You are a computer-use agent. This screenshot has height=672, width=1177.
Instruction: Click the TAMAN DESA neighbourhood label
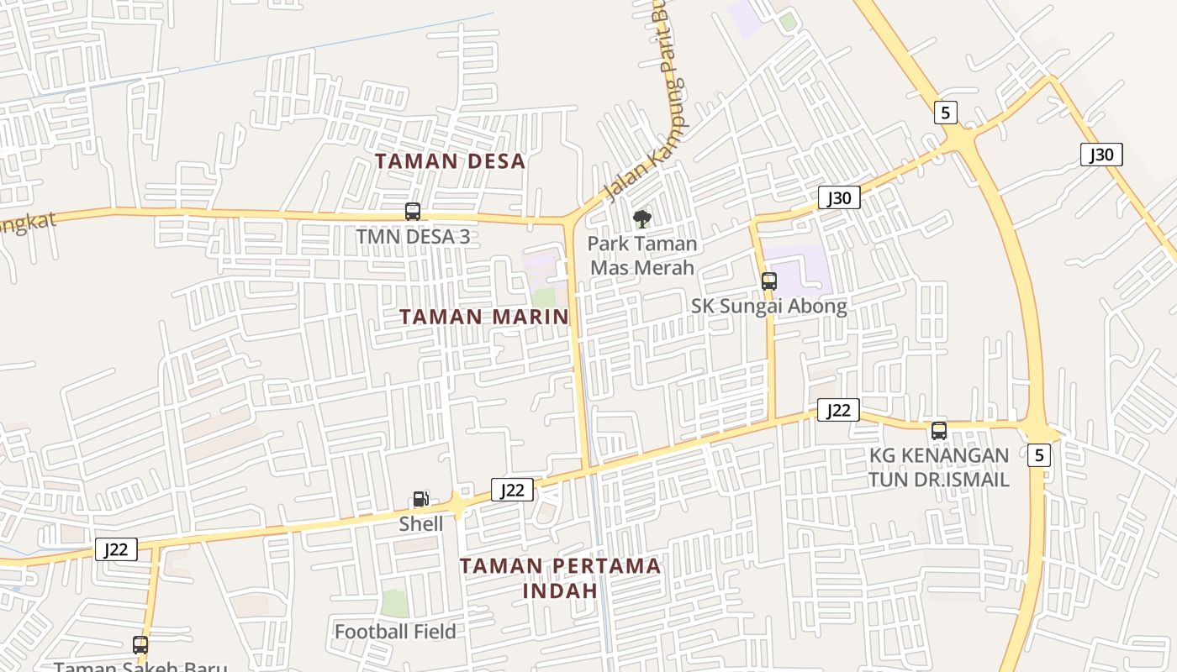pyautogui.click(x=450, y=161)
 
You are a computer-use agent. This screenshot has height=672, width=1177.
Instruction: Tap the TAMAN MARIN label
pyautogui.click(x=483, y=317)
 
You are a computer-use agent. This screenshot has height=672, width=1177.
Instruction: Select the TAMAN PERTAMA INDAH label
pyautogui.click(x=560, y=577)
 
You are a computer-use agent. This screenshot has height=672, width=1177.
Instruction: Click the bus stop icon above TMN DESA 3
pyautogui.click(x=413, y=212)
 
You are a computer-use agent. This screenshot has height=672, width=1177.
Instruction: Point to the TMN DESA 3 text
pyautogui.click(x=413, y=237)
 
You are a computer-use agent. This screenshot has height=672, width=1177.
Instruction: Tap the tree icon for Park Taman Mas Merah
pyautogui.click(x=642, y=219)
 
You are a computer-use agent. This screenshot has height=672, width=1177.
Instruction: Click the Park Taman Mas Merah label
pyautogui.click(x=642, y=255)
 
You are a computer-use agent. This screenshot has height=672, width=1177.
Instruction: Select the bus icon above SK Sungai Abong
pyautogui.click(x=769, y=281)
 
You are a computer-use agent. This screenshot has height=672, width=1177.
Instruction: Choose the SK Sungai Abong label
pyautogui.click(x=769, y=306)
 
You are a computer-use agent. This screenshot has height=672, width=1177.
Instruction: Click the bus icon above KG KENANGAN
pyautogui.click(x=939, y=431)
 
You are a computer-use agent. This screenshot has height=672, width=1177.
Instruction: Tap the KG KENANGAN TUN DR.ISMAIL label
pyautogui.click(x=939, y=467)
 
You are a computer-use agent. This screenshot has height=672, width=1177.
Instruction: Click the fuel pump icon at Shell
pyautogui.click(x=420, y=499)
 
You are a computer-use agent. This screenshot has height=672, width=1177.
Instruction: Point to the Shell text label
pyautogui.click(x=420, y=524)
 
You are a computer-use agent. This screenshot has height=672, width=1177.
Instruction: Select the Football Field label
pyautogui.click(x=395, y=632)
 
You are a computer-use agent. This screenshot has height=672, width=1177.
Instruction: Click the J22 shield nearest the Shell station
pyautogui.click(x=512, y=491)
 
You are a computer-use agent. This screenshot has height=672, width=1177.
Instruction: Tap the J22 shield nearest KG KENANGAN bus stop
pyautogui.click(x=838, y=410)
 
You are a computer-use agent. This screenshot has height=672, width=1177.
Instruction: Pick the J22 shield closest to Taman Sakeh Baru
pyautogui.click(x=116, y=549)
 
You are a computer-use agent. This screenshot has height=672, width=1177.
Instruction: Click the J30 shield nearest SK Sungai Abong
pyautogui.click(x=839, y=198)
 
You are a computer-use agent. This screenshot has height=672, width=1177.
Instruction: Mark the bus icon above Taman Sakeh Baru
pyautogui.click(x=140, y=645)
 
